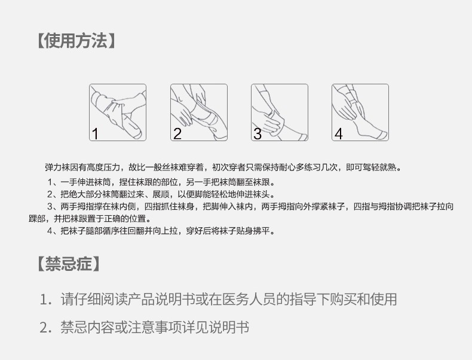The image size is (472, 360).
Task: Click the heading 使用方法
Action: pos(76,41)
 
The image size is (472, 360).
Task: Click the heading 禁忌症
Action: pos(69,264)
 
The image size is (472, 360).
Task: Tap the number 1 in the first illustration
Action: pos(95,134)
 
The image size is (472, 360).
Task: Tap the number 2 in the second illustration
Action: pos(177,134)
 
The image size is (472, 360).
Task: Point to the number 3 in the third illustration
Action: pos(258,134)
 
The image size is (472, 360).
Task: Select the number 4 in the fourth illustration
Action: pos(339,134)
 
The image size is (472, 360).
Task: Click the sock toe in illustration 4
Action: pos(383,135)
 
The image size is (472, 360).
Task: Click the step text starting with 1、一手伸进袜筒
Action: pos(161,182)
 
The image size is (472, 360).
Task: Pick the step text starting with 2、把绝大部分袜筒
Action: pos(161,194)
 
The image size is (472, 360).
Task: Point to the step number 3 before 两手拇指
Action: pos(50,207)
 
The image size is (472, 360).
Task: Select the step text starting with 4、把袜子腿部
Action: pos(161,231)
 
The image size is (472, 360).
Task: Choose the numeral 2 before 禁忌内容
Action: pos(44,328)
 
